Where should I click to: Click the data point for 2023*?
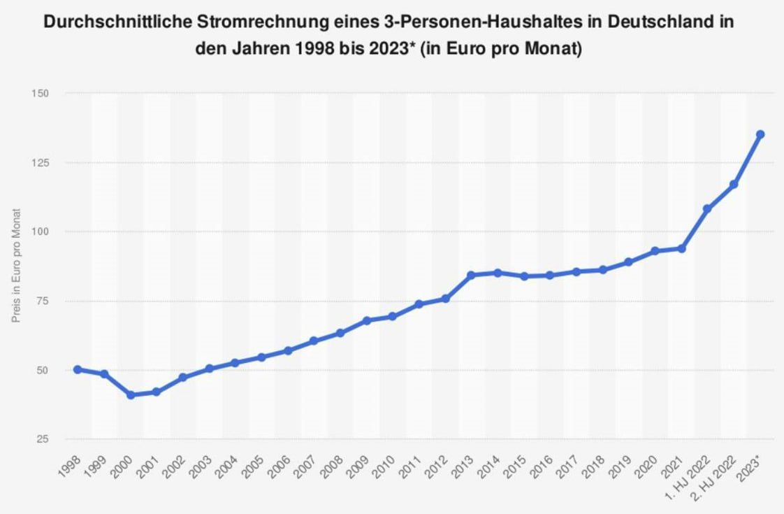point(760,134)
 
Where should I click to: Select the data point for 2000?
point(131,395)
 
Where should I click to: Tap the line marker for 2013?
point(472,275)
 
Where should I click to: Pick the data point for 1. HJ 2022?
point(707,209)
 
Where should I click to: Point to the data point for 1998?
point(78,369)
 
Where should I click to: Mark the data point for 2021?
point(681,248)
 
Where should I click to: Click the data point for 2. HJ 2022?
point(734,185)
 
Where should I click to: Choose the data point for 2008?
point(340,333)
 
